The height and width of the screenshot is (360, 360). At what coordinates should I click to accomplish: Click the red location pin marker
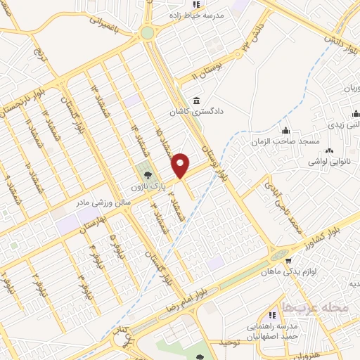point(181,165)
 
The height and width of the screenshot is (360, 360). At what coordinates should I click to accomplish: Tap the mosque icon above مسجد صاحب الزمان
point(285,131)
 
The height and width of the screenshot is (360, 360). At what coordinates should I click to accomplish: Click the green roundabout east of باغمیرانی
point(146,32)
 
